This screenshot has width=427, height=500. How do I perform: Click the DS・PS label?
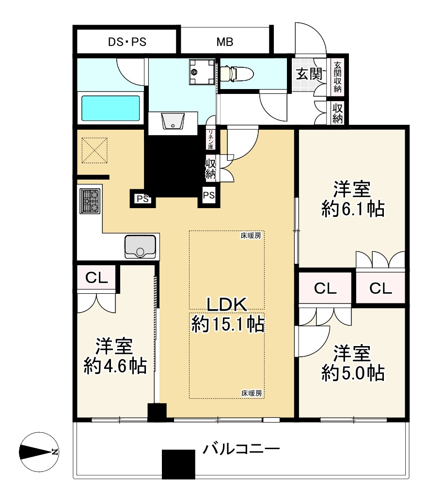point(127,42)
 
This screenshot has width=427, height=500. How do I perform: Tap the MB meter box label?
point(225,42)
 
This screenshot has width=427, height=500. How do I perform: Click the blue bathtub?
point(111,108)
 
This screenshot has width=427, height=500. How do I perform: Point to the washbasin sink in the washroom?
point(173,121)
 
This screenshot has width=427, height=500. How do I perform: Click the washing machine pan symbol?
point(202,72)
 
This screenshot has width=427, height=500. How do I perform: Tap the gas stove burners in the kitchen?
point(90,201)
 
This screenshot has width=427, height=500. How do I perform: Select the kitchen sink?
point(140,246)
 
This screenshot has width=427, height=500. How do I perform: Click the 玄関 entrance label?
point(309,74)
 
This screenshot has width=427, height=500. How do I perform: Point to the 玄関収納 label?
point(337,77)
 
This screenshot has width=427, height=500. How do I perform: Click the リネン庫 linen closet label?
point(211,139)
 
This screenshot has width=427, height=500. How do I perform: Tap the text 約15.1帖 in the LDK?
point(228,324)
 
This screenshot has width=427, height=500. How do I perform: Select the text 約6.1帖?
point(353,210)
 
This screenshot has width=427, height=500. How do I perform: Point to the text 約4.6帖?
point(115,366)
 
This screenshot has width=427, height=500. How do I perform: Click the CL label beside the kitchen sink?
point(96,278)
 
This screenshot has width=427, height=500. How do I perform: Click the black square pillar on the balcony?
point(178,464)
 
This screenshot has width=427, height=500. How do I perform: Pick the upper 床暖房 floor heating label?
point(251,236)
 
